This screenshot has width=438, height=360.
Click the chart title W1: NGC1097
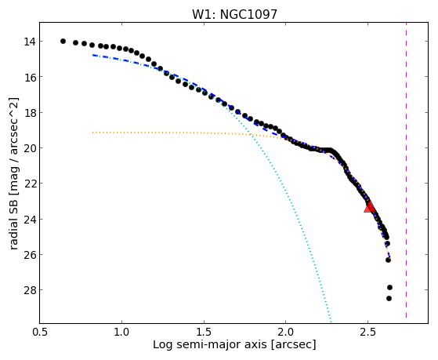[x=234, y=14]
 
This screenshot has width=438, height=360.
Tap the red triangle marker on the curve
[x=370, y=207]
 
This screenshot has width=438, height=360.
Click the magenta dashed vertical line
[x=406, y=170]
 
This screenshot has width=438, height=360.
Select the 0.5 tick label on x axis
[x=40, y=332]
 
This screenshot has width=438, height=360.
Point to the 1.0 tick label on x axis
[x=121, y=332]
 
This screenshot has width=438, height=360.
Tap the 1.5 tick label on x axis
[x=204, y=332]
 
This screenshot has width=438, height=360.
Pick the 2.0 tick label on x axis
[x=286, y=332]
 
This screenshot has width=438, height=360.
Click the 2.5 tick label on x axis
[x=368, y=332]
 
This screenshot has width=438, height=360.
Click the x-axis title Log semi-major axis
[x=209, y=344]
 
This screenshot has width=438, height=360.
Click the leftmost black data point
[x=63, y=41]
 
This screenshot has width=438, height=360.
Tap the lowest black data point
[x=389, y=299]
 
